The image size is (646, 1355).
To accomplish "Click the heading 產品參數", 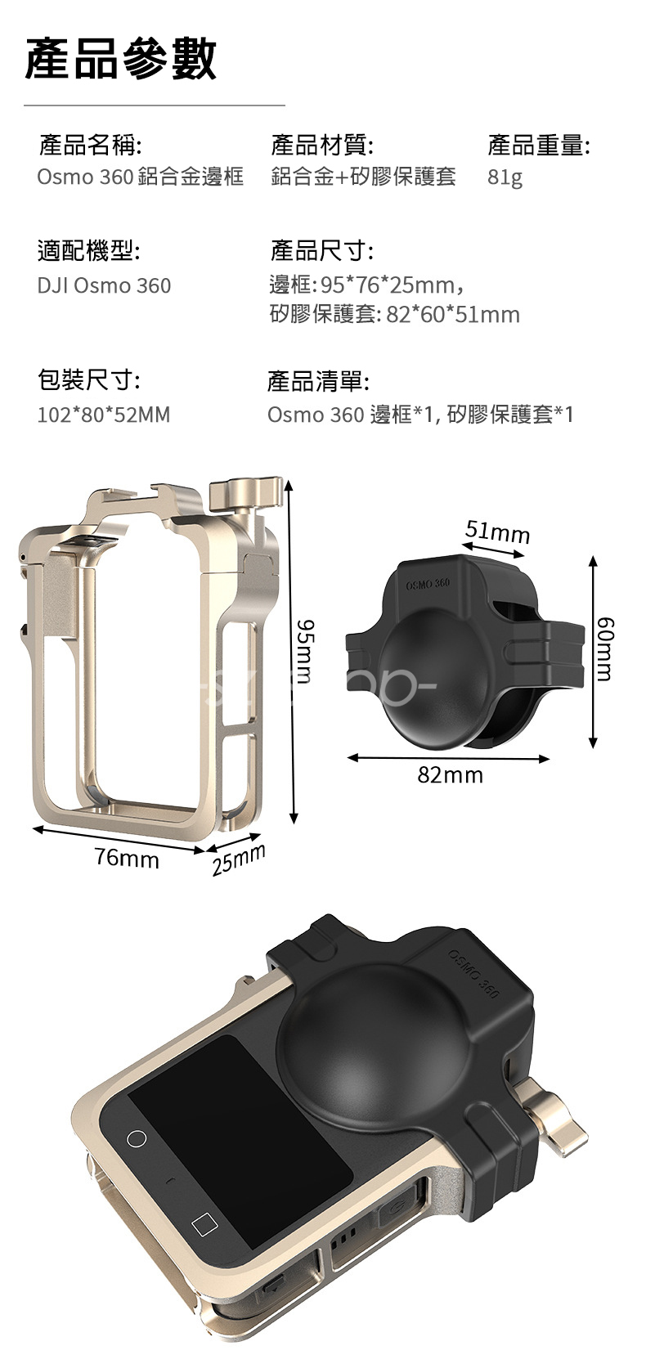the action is coord(120,58).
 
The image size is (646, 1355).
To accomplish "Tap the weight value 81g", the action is coord(505,177).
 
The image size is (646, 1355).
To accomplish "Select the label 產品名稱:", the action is coord(91,146).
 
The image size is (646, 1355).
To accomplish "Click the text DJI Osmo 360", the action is coord(104,285).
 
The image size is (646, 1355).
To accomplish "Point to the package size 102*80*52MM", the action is coord(104,415).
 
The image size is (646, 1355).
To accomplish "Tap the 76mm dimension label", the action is coord(127,859).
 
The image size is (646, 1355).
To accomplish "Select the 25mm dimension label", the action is coord(239,861).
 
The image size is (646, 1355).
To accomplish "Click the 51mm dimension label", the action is coord(497,532).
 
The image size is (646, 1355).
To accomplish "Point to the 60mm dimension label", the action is coord(604,649).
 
